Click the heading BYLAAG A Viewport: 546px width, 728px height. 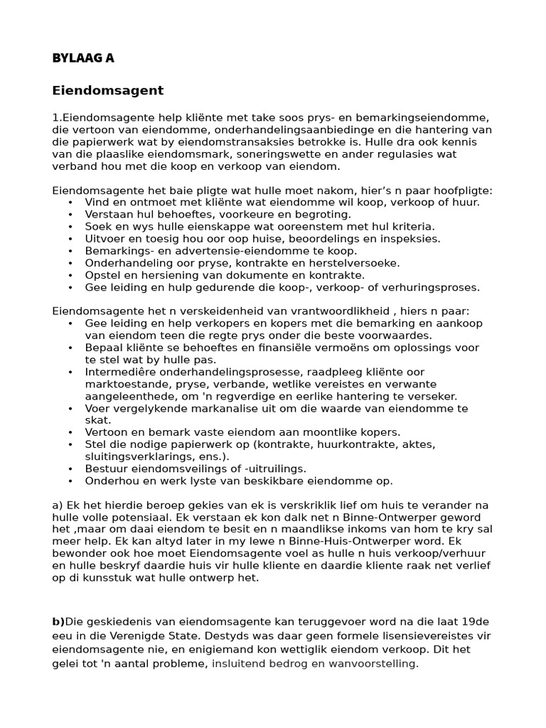tap(82, 58)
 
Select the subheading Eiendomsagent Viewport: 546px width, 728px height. tap(107, 90)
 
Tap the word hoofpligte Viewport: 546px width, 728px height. tap(462, 191)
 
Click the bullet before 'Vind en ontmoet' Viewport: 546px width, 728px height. tap(70, 203)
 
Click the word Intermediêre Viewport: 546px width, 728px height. tap(122, 372)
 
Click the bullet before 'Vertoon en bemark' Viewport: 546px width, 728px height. tap(70, 432)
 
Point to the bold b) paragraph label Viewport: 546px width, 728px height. tap(58, 621)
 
